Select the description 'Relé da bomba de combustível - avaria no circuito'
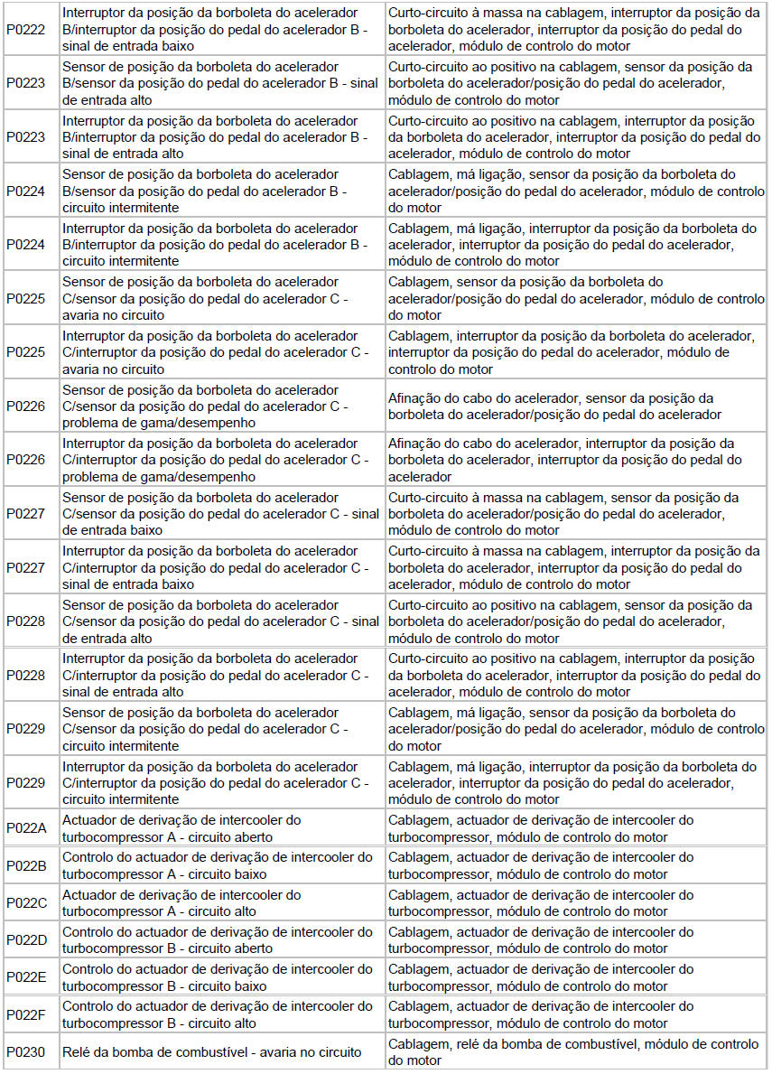click(x=212, y=1051)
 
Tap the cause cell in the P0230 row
click(x=573, y=1051)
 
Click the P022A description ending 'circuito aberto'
click(x=181, y=828)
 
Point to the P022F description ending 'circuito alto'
click(x=217, y=1014)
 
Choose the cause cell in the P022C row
click(x=541, y=902)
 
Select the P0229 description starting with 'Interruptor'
click(x=217, y=782)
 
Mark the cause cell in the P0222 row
click(x=574, y=29)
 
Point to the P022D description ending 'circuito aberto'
click(x=217, y=939)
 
